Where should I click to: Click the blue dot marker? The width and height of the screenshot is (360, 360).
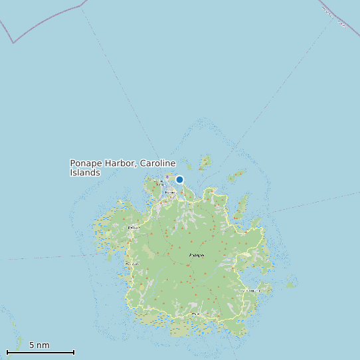click(x=179, y=179)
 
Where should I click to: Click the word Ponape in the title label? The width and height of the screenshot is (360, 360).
click(x=86, y=163)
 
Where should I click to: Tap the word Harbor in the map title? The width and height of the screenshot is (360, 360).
click(x=120, y=163)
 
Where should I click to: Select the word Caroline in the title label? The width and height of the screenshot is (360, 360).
click(x=158, y=163)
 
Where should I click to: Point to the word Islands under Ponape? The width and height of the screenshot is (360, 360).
click(x=85, y=173)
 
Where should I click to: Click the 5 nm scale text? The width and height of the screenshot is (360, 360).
click(x=39, y=345)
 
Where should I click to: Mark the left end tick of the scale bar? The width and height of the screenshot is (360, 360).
click(x=7, y=352)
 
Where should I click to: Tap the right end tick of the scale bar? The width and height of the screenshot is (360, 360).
click(x=74, y=352)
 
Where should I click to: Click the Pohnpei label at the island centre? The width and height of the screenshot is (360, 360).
click(x=197, y=255)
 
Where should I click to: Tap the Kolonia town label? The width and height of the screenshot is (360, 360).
click(x=171, y=193)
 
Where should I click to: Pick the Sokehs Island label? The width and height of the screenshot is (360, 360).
click(x=159, y=181)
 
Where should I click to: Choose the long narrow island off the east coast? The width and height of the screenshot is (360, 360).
click(x=241, y=205)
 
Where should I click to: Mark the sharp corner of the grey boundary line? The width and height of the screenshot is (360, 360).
click(x=13, y=43)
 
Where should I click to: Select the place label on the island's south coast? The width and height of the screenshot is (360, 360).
click(x=196, y=314)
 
